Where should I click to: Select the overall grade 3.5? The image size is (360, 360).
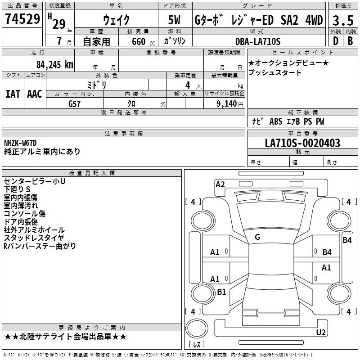342,21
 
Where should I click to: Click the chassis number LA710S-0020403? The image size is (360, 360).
302,143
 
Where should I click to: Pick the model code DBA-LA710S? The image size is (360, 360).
258,41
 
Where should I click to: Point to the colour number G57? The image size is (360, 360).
75,103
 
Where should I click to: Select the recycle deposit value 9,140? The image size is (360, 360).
223,103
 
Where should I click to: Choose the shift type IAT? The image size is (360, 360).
13,94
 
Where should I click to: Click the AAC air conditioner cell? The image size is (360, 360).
35,94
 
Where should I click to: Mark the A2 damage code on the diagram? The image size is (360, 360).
220,184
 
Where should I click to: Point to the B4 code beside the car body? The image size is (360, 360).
347,240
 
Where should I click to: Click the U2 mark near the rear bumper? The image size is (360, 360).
321,333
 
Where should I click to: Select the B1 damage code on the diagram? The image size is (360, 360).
221,292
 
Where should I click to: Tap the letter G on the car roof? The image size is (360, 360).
257,237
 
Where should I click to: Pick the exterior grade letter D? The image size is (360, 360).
335,41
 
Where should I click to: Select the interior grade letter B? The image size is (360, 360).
350,41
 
